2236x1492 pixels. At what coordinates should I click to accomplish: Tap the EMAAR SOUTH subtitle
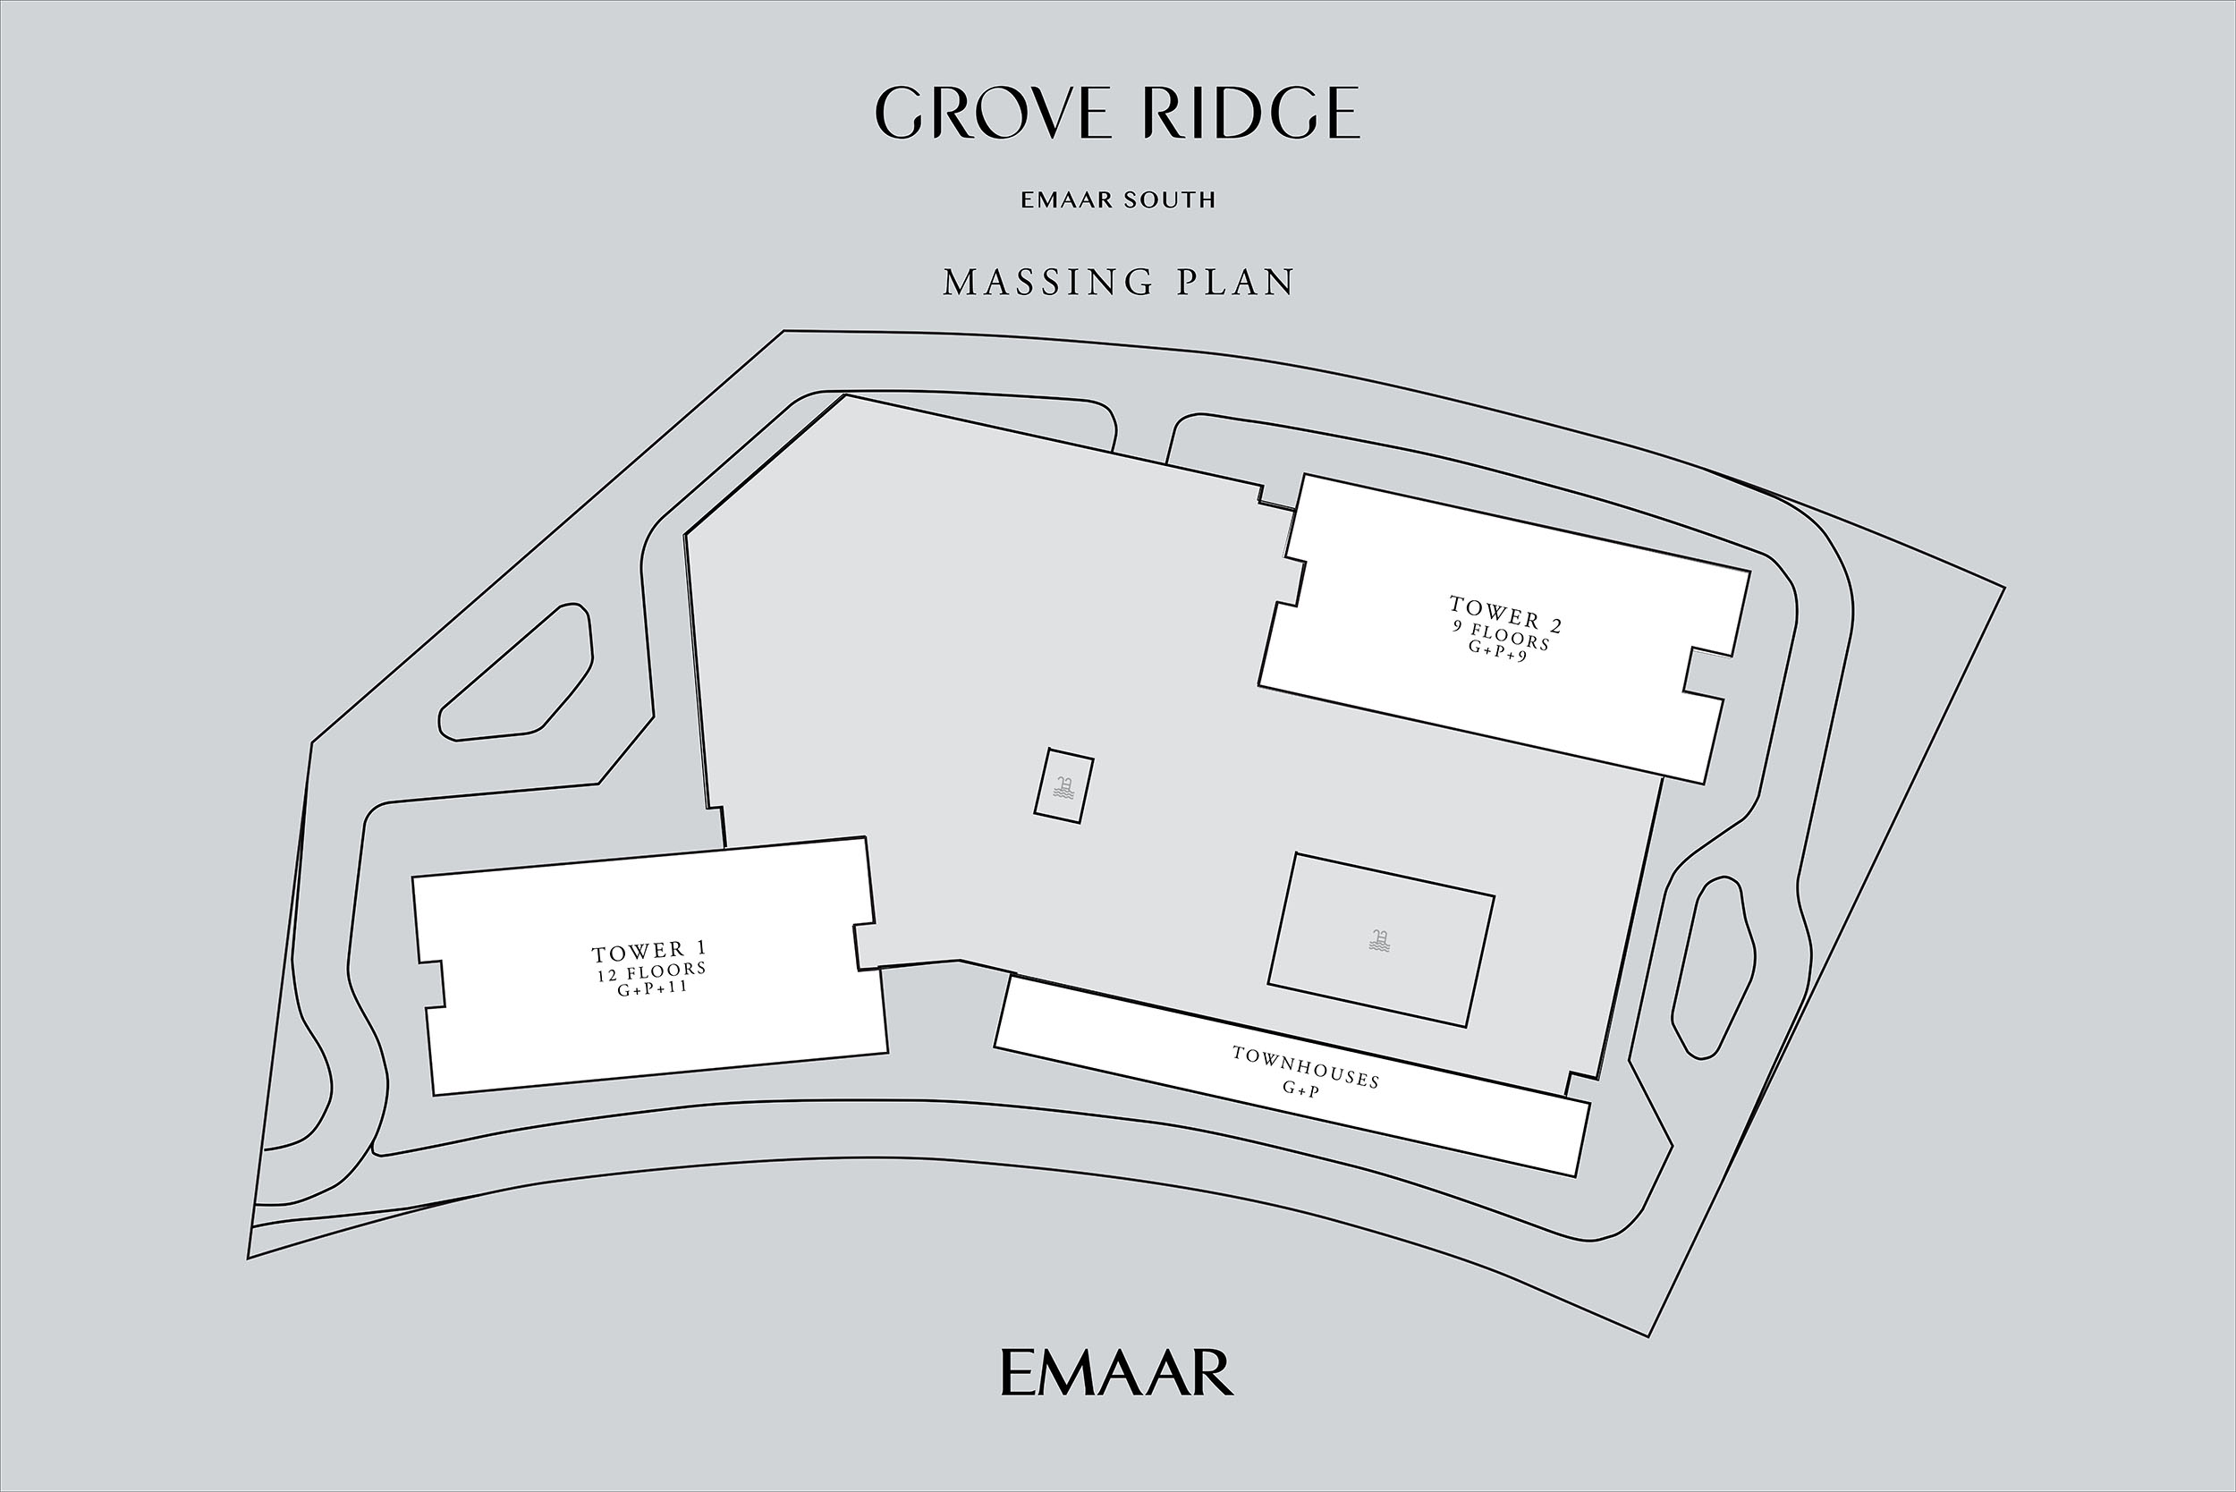click(1118, 199)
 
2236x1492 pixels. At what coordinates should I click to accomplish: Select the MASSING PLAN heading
click(1119, 283)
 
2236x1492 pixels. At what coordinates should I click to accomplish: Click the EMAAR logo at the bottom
click(1117, 1372)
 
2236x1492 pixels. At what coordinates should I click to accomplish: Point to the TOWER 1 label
click(649, 951)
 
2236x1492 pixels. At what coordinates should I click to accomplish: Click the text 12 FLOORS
click(652, 971)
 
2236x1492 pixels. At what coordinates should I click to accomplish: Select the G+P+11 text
click(652, 989)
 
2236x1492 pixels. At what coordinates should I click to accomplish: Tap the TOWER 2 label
click(1505, 614)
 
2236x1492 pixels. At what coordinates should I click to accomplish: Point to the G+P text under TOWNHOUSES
click(1300, 1090)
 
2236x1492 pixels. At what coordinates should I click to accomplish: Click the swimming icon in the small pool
click(1063, 787)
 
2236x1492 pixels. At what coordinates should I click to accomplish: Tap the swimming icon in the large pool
click(1380, 940)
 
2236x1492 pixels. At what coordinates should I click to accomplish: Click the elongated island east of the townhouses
click(1714, 966)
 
